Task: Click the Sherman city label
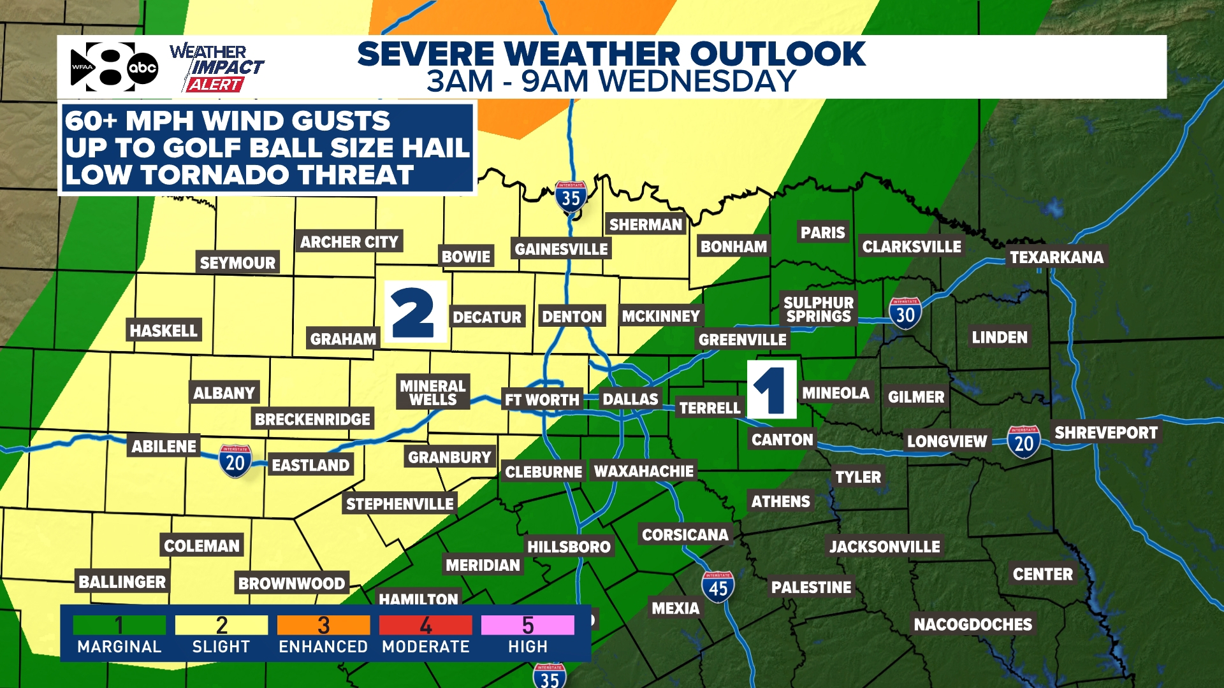tap(645, 224)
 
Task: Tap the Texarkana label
tap(1056, 257)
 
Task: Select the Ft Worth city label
tap(542, 399)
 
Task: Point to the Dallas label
tap(630, 399)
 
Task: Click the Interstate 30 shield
tap(905, 313)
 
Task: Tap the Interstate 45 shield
tap(718, 587)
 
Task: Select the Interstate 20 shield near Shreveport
tap(1024, 442)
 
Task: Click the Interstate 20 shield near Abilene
tap(235, 461)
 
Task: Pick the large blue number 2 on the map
tap(414, 312)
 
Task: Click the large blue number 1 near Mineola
tap(771, 390)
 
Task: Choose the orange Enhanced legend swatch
tap(323, 625)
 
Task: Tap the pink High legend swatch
tap(527, 625)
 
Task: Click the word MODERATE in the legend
tap(425, 647)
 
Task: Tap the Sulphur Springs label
tap(819, 310)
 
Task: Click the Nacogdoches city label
tap(973, 624)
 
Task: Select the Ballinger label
tap(122, 582)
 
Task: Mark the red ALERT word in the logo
tap(215, 85)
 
